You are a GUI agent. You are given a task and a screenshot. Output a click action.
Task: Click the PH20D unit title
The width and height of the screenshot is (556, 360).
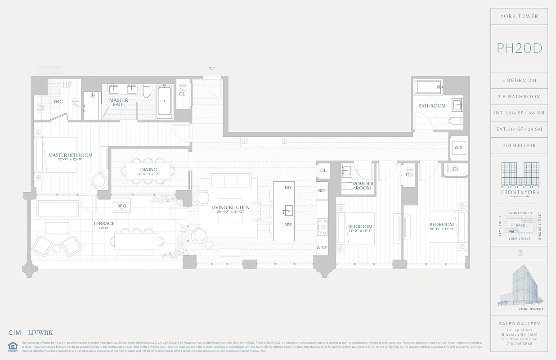519,48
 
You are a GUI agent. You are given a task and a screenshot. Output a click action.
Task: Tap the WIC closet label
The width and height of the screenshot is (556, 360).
58,102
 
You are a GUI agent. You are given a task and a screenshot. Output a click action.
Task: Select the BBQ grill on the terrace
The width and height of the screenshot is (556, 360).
121,206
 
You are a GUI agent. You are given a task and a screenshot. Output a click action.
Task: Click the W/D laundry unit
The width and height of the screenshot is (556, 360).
458,148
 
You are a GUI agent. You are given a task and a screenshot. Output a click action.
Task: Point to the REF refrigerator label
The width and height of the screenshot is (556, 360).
322,191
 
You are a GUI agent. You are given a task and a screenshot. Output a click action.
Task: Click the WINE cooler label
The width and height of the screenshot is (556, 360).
322,248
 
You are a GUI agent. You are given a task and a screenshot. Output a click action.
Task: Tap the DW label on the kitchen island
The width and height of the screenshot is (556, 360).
288,187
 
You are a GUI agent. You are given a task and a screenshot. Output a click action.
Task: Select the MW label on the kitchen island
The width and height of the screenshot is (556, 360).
288,224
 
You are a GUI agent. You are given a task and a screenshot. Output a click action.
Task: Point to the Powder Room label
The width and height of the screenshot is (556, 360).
363,186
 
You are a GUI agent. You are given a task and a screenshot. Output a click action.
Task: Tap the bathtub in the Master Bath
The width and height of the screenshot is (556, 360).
165,103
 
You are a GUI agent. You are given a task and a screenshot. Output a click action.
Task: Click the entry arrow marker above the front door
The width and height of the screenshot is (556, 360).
212,68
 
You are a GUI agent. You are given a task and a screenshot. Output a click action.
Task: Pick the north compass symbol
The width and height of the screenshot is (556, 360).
520,253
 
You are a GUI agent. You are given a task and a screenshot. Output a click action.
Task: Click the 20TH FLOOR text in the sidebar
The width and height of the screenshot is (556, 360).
519,146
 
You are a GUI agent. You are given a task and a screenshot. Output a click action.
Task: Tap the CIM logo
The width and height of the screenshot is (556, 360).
15,333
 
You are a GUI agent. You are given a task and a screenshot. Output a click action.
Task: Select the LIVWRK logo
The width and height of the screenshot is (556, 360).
40,333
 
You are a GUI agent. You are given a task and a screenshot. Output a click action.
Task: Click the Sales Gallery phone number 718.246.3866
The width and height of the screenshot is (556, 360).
519,343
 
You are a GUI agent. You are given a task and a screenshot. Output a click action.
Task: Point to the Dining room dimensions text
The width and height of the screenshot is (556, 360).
148,174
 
